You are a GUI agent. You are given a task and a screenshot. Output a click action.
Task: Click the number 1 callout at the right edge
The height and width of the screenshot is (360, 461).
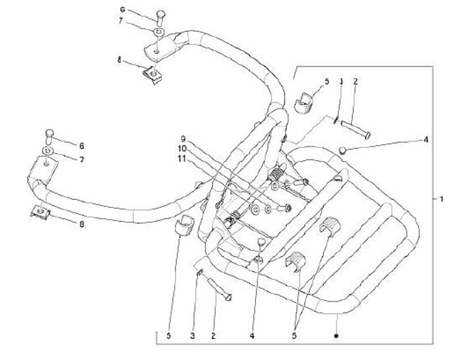point(441,199)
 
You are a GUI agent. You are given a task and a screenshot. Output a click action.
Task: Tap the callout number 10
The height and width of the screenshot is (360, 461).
point(182,148)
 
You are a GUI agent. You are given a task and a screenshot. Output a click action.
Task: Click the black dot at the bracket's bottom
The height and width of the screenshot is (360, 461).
point(336,334)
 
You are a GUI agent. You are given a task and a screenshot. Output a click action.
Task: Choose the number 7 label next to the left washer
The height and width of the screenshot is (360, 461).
point(81,159)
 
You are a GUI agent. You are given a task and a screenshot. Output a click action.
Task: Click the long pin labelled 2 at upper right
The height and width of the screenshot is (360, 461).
point(357,127)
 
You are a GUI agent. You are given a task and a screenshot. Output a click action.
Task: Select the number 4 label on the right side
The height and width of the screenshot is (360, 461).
point(425,139)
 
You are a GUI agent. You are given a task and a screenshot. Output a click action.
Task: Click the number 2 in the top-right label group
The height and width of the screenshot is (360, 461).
point(356,82)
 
